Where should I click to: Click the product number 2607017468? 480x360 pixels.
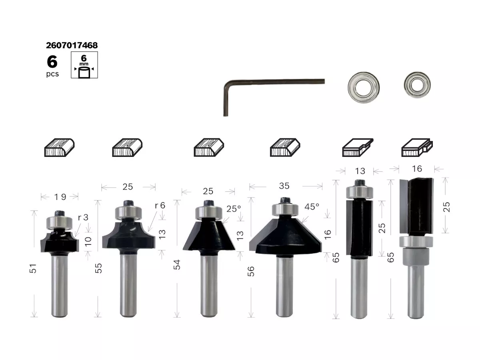coord(72,45)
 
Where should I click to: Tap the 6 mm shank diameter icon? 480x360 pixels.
coord(84,65)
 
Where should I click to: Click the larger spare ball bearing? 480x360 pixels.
coord(364,88)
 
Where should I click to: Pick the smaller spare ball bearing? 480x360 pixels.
coord(417,84)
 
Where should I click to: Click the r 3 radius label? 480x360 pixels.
coord(83,217)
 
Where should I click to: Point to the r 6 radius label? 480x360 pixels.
coord(160,206)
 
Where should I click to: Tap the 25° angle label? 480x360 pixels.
coord(233,209)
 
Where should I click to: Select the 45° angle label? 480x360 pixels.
coord(312,207)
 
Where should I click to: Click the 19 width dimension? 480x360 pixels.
coord(60,197)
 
